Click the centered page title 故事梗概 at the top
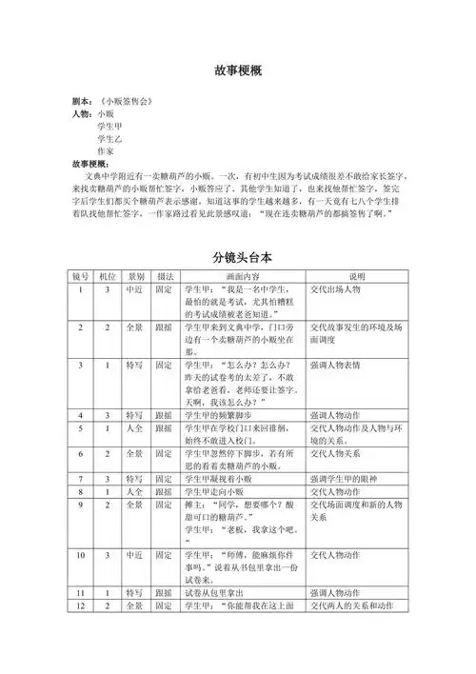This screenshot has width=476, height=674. coord(238,73)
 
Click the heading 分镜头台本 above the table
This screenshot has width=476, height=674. coord(238,257)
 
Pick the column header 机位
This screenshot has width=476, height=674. coord(108,276)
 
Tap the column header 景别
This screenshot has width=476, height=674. coord(137,276)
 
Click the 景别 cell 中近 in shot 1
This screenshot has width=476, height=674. coord(135,288)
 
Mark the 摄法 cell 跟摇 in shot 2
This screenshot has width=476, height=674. coord(164,327)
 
